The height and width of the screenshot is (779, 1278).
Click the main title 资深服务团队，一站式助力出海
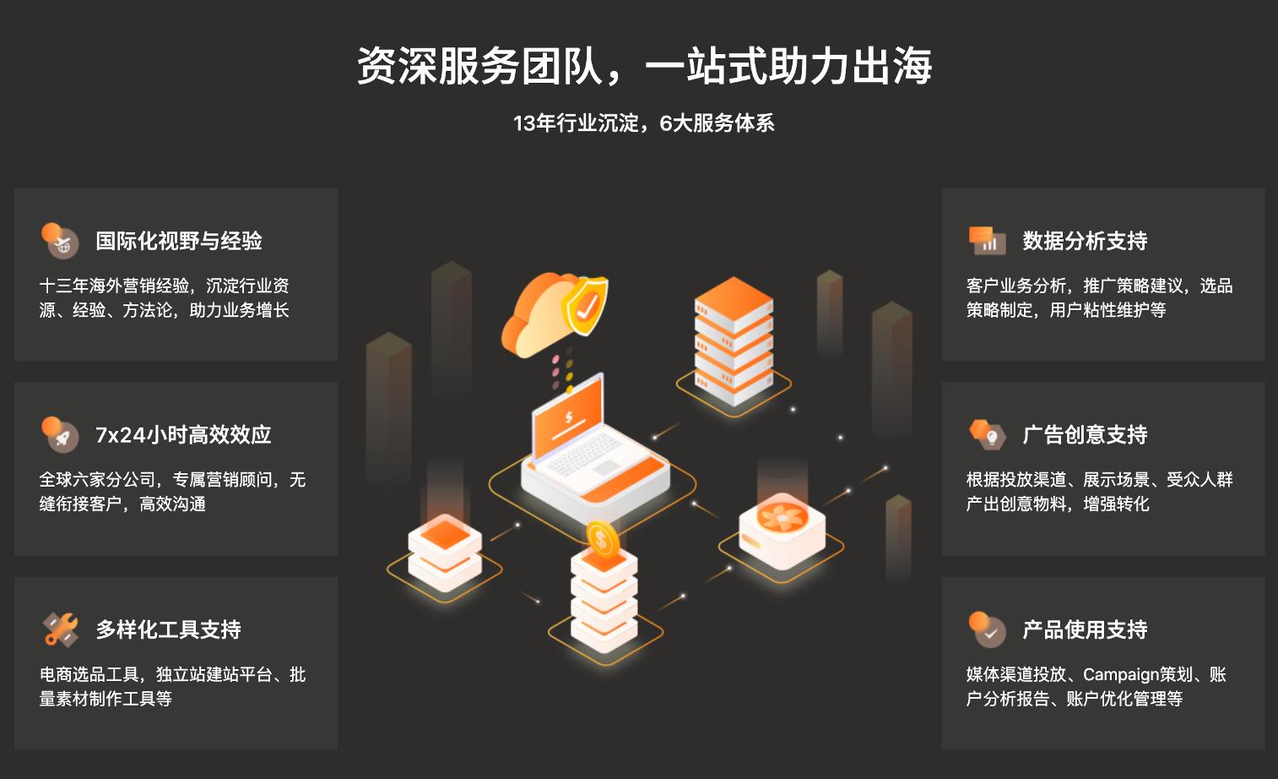pos(644,66)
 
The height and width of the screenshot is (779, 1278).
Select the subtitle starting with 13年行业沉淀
pos(643,123)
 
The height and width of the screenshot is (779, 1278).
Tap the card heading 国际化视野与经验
pos(179,241)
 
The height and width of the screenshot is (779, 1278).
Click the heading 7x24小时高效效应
pos(183,435)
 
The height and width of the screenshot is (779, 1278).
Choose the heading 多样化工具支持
pos(168,629)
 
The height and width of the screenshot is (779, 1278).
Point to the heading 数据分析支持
pos(1085,241)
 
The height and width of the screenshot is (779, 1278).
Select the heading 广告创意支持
pos(1085,435)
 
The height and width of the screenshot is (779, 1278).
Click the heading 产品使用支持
pos(1085,629)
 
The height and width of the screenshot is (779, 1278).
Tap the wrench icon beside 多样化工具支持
pos(61,630)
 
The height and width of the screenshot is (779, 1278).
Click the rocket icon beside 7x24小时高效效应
pos(61,435)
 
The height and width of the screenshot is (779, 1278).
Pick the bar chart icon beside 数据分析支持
pos(987,241)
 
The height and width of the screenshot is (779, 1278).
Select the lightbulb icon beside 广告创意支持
pos(988,435)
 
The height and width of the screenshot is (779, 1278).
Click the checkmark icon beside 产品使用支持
pos(988,630)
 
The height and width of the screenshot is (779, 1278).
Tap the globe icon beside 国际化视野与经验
pos(61,241)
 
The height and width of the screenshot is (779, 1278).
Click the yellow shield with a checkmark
pos(586,306)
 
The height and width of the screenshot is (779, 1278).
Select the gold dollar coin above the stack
pos(602,538)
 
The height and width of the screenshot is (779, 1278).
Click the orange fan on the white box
pos(782,515)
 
